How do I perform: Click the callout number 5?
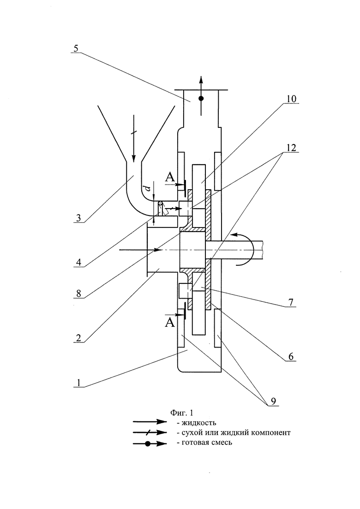76,49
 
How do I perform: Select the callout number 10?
291,99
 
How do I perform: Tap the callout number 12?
291,148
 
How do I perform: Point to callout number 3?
78,218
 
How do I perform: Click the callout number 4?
79,262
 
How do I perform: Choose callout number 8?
78,293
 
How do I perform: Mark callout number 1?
78,383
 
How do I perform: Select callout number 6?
290,357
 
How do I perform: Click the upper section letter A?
170,177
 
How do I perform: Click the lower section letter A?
170,323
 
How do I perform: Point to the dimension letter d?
148,188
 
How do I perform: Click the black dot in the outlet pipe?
201,98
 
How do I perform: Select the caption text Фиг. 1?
182,413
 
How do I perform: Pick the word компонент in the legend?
271,433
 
